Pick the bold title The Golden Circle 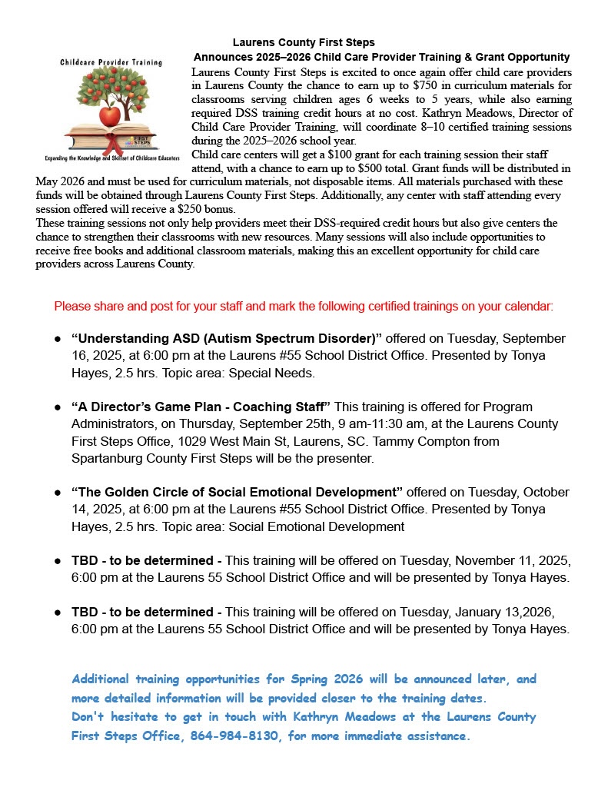coord(237,492)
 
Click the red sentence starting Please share coord(304,306)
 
